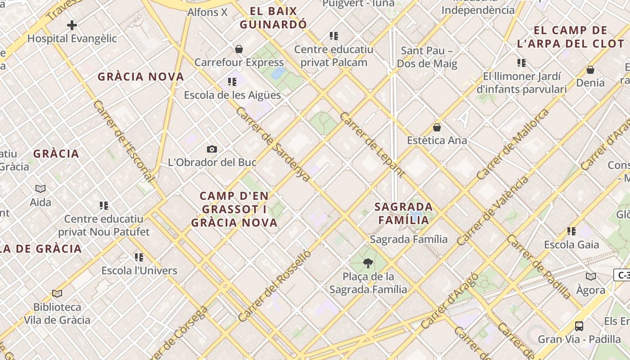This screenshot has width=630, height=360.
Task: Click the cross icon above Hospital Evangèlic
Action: coord(72,25)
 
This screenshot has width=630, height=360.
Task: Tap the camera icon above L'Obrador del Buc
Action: coord(212,149)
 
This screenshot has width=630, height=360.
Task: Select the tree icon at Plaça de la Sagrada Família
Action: coord(368,263)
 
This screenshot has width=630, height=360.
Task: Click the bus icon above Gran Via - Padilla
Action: coord(579,326)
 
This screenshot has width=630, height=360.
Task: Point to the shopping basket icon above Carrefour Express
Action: coord(239,49)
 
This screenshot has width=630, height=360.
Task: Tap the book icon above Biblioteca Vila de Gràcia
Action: coord(57,294)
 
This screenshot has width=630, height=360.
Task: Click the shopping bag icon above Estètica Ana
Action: coord(436,127)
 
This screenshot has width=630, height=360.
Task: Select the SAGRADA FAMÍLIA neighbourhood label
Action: coord(404,213)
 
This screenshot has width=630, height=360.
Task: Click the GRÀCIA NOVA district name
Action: coord(141,76)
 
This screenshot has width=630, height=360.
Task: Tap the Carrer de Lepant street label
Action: coord(372,144)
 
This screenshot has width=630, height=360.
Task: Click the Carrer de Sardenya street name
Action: coord(273,144)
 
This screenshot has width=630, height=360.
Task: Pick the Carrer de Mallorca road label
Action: coord(513,144)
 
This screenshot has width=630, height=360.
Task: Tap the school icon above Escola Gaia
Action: coord(571,231)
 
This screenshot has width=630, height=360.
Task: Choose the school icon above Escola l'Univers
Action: coord(139,257)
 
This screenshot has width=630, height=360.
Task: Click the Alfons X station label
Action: coord(207,12)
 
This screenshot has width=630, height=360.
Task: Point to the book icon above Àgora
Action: coord(590,277)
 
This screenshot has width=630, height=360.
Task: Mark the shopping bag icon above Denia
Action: coord(590,70)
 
